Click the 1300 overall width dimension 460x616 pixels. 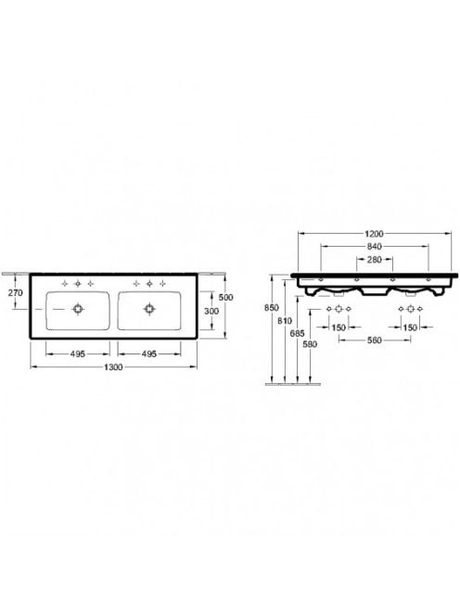[x=113, y=367]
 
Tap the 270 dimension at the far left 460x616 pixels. [x=16, y=292]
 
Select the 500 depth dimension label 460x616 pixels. [x=226, y=298]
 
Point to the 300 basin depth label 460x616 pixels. [x=211, y=311]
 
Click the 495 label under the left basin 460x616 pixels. [x=77, y=354]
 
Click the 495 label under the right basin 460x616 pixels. [x=149, y=354]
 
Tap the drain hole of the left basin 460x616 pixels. [x=78, y=309]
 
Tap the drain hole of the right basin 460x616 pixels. [x=149, y=309]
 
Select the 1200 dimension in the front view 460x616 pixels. [x=374, y=234]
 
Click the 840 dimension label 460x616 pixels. [x=375, y=247]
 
